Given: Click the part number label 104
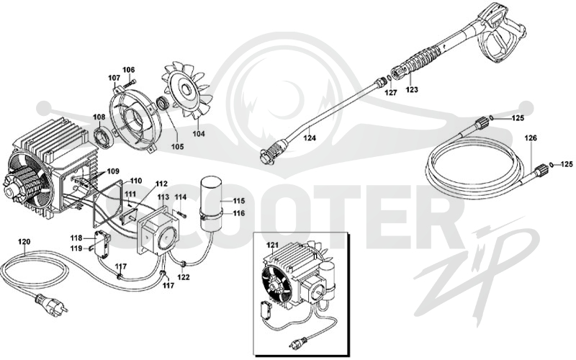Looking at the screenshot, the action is [199, 134].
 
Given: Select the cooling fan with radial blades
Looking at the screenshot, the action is [187, 91].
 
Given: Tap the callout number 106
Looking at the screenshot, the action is [129, 70].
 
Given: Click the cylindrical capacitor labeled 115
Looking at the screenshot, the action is [211, 204].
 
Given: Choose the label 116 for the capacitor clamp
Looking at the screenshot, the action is [239, 213].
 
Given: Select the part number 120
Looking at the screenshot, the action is [24, 242].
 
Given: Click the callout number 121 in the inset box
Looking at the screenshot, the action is [273, 245].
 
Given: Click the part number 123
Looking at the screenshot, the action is [412, 89].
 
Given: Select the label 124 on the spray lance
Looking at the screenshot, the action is [310, 138].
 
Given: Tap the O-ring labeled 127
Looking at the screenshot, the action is [385, 78].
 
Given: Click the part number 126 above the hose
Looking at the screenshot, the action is [531, 138].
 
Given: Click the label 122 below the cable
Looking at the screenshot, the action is [184, 276].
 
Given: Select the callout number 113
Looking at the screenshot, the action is [163, 197].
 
